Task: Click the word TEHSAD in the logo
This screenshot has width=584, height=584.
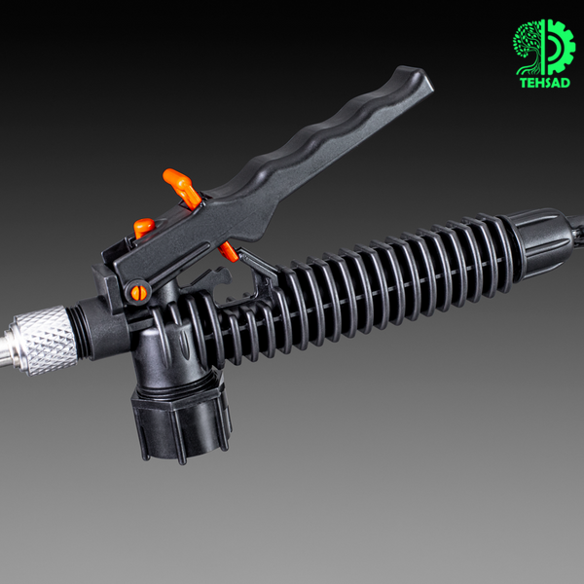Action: coord(544,83)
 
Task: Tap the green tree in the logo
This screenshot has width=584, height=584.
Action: coord(527,47)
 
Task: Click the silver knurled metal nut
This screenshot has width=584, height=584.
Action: coord(44,340)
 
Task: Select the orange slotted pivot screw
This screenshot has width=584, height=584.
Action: coord(138,293)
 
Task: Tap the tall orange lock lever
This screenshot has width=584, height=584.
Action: coord(183,188)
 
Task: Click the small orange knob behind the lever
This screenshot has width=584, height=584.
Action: coord(144,227)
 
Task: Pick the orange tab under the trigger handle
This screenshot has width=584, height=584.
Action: coord(228,252)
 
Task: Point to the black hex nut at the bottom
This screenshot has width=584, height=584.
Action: coord(182,421)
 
